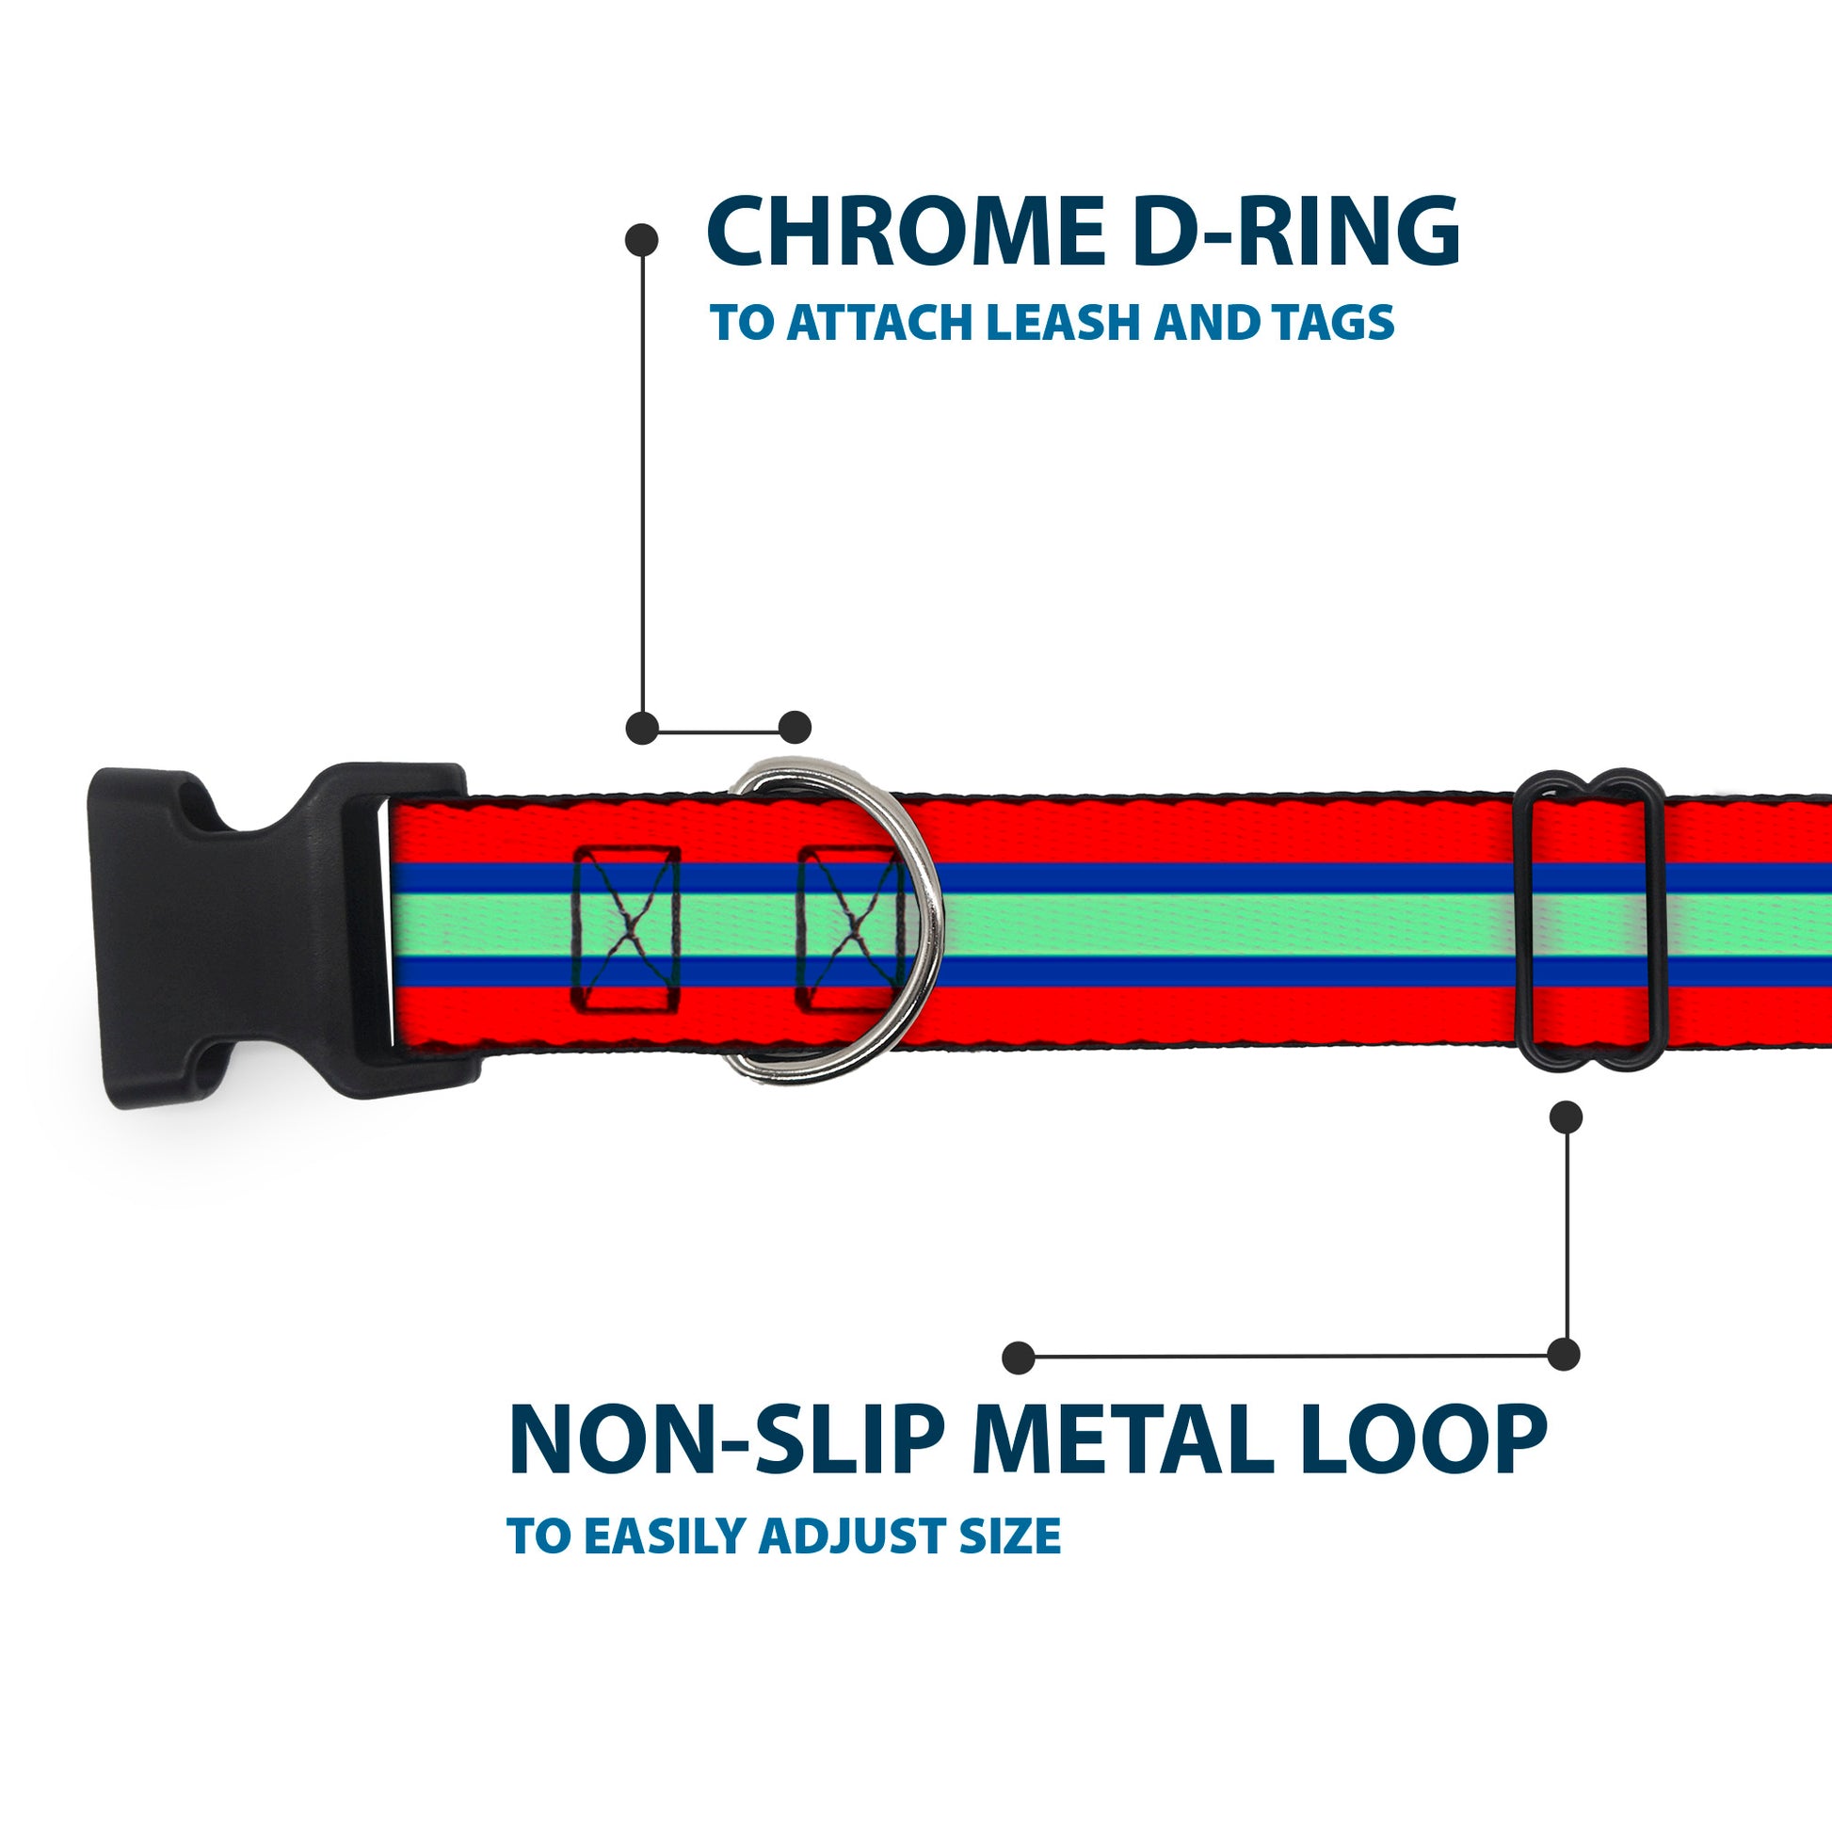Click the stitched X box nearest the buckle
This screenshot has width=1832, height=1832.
(x=626, y=927)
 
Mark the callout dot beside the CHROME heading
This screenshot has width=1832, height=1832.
(x=642, y=240)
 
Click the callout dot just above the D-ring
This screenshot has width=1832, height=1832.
(x=795, y=728)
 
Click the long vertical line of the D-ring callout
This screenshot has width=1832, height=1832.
(x=643, y=484)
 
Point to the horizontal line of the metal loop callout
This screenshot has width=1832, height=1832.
(x=1290, y=1357)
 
